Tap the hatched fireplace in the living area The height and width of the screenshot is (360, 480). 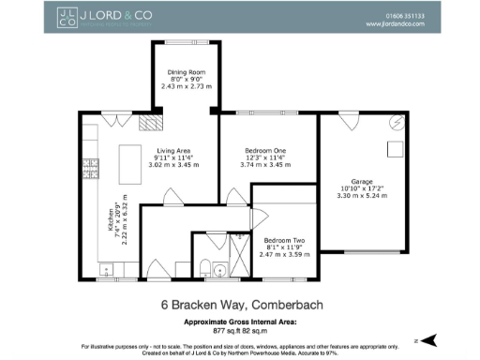pos(148,122)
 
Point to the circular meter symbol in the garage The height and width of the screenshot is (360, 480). pos(397,123)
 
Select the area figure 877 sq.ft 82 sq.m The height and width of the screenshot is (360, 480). pos(240,330)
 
